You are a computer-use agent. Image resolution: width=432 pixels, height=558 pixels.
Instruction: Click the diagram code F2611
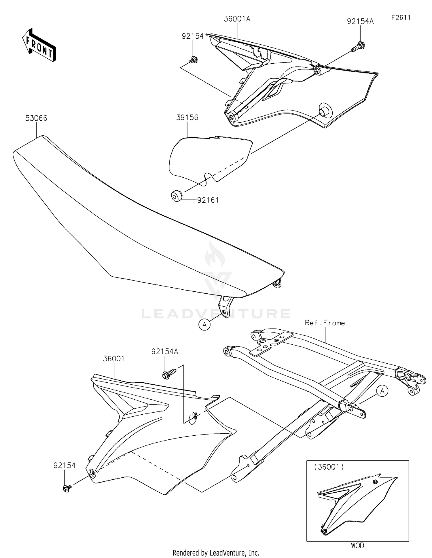(x=401, y=18)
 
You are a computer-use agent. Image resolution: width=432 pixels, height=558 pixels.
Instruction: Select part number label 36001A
(x=237, y=19)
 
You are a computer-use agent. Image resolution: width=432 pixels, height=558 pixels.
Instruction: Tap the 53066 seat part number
(x=36, y=118)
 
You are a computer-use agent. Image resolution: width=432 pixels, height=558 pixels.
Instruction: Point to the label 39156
(x=187, y=117)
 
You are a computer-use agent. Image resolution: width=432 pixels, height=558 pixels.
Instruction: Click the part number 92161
(x=208, y=200)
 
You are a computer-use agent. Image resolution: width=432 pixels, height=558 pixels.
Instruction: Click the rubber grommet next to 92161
(x=176, y=196)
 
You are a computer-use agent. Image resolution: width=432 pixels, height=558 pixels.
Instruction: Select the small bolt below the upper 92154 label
(x=193, y=60)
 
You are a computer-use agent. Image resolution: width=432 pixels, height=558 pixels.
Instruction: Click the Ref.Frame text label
(x=325, y=323)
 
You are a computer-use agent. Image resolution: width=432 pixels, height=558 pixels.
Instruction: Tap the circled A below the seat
(x=204, y=325)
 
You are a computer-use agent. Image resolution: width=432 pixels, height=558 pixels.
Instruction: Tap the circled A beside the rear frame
(x=382, y=391)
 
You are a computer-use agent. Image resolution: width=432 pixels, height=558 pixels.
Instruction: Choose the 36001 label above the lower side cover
(x=114, y=359)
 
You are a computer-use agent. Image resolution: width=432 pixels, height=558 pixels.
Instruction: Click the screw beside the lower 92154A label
(x=169, y=374)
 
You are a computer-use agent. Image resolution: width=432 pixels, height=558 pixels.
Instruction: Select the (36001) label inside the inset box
(x=329, y=467)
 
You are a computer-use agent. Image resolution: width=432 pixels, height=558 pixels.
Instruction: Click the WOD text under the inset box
(x=357, y=545)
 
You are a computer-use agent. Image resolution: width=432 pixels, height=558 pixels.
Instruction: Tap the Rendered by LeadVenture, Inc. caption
(x=216, y=553)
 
